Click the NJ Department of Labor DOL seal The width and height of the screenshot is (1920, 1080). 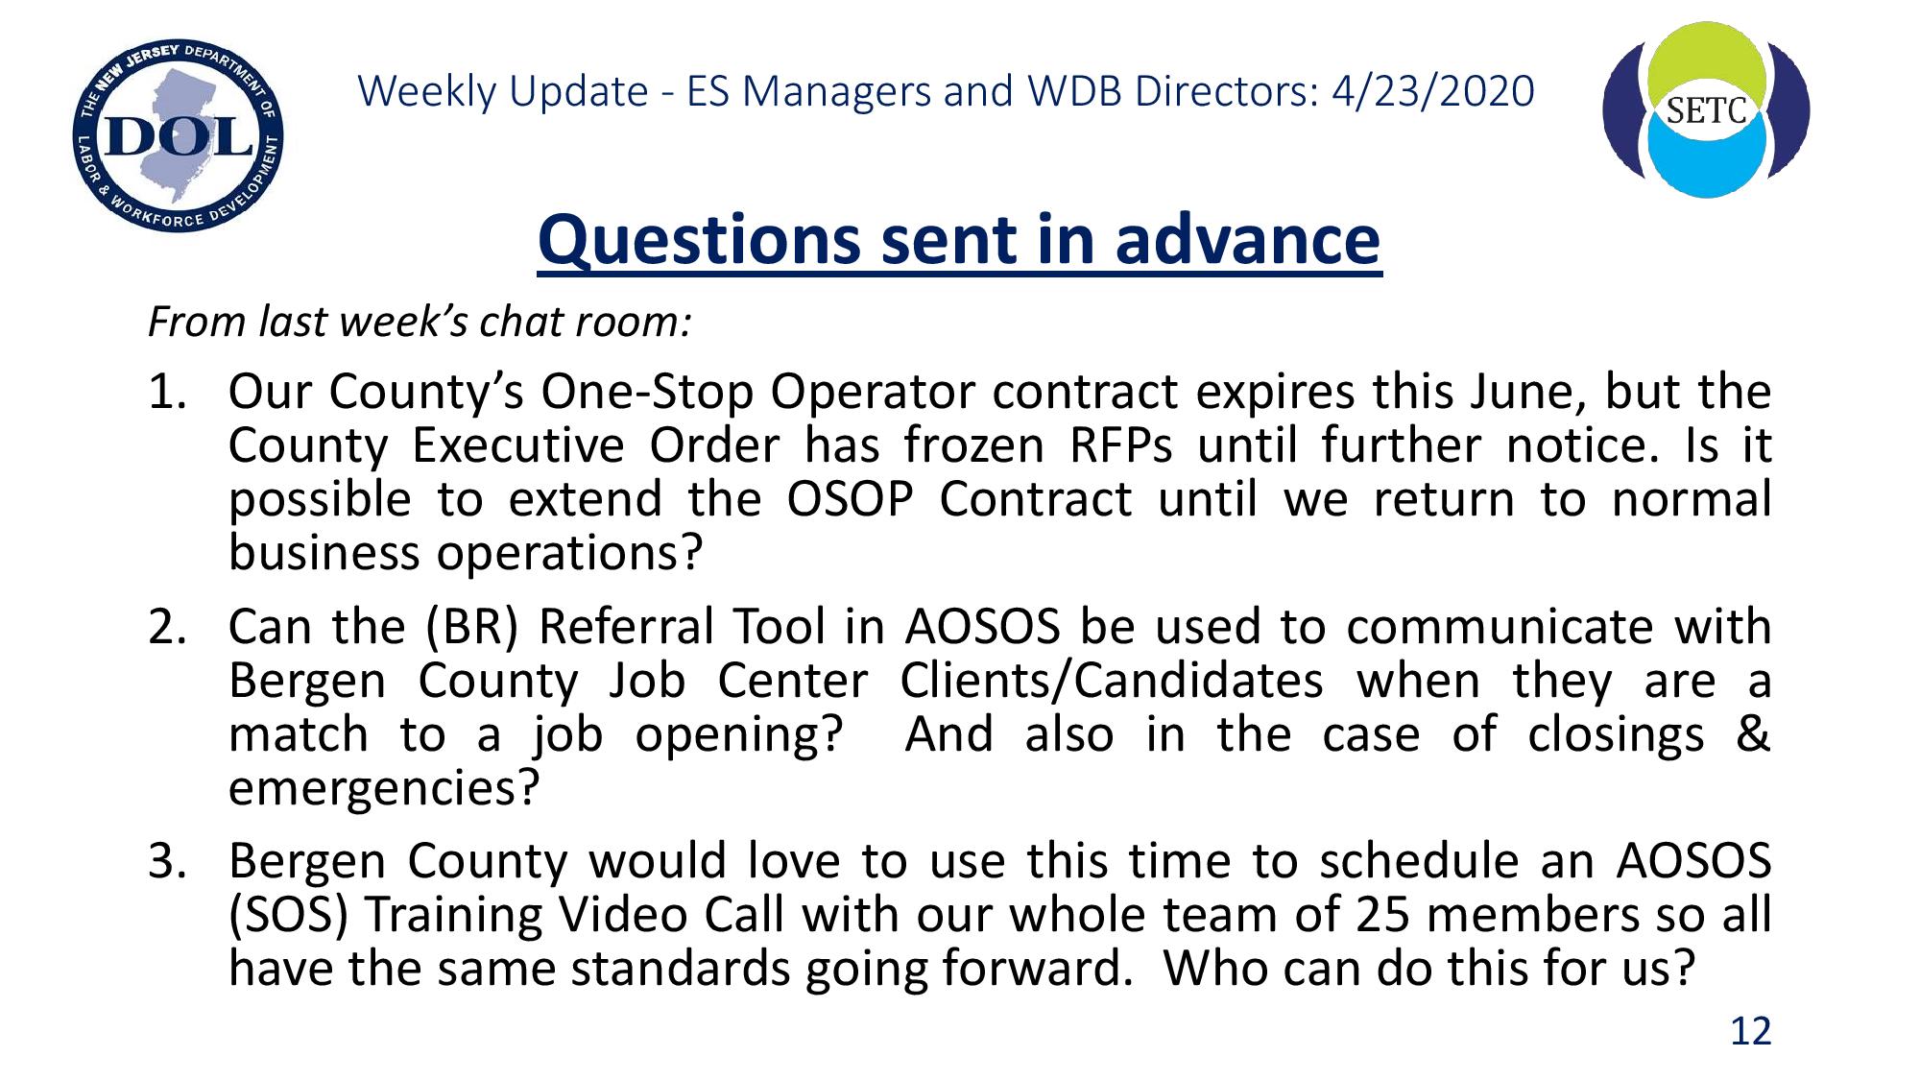click(178, 136)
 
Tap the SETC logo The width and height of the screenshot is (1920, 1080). click(1706, 109)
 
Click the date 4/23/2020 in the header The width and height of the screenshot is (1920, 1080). click(1433, 91)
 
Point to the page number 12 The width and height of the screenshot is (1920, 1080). click(1750, 1031)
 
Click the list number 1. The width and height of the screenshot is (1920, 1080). click(166, 392)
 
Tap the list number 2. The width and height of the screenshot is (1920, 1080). click(166, 627)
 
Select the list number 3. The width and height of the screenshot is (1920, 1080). click(166, 861)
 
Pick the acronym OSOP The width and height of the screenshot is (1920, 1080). click(850, 499)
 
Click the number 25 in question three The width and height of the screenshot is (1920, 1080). click(1382, 915)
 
